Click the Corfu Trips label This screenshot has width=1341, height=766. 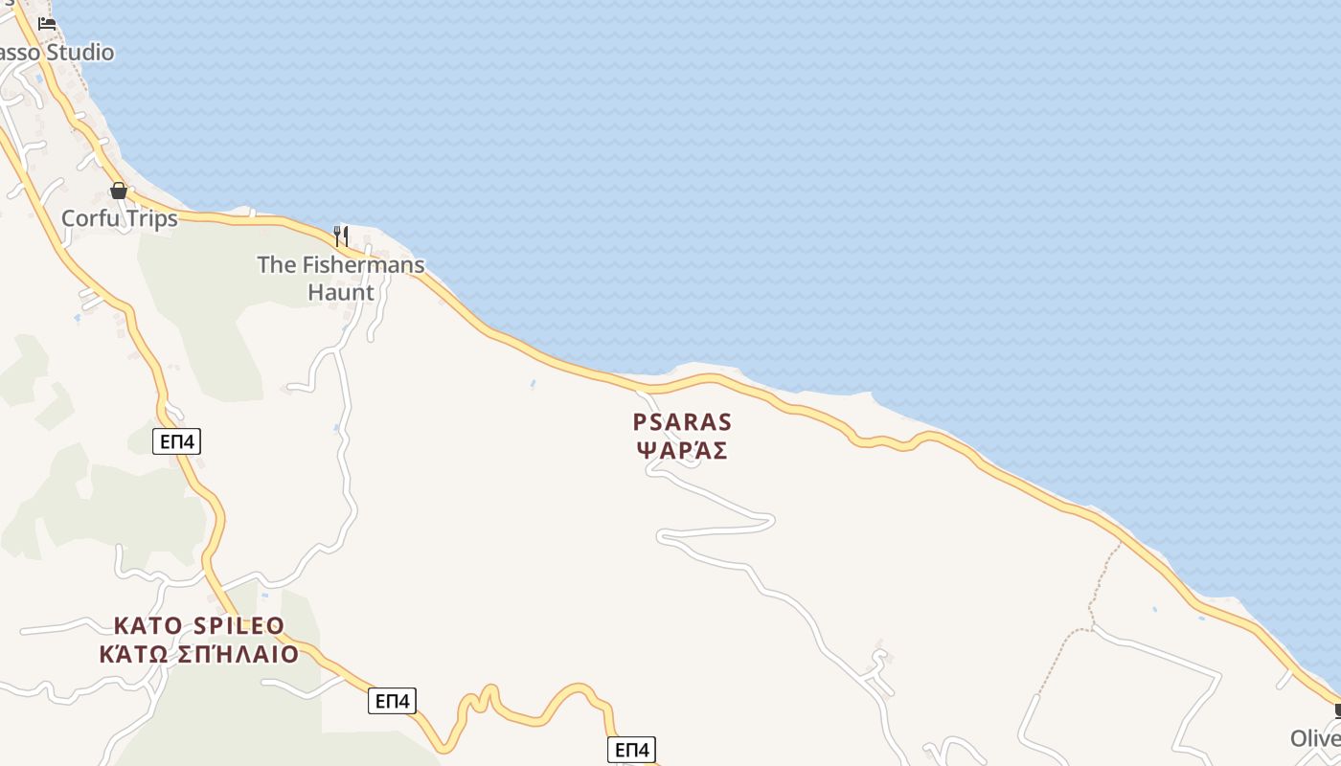click(120, 218)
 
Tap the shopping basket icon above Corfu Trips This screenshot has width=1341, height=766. click(119, 191)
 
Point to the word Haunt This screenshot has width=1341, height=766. click(341, 292)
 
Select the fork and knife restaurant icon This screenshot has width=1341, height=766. click(340, 235)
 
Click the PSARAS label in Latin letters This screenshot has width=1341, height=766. click(682, 422)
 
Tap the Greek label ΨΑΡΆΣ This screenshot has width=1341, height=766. click(682, 450)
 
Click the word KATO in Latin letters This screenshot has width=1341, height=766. click(148, 626)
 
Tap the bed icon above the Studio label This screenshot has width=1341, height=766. click(47, 24)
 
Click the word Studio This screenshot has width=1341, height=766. click(80, 52)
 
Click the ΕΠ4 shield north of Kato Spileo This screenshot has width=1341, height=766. click(176, 441)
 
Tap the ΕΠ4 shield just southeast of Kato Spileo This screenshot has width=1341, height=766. click(392, 701)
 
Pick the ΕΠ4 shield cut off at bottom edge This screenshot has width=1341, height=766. click(631, 750)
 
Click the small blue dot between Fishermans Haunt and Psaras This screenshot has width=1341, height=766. click(533, 385)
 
